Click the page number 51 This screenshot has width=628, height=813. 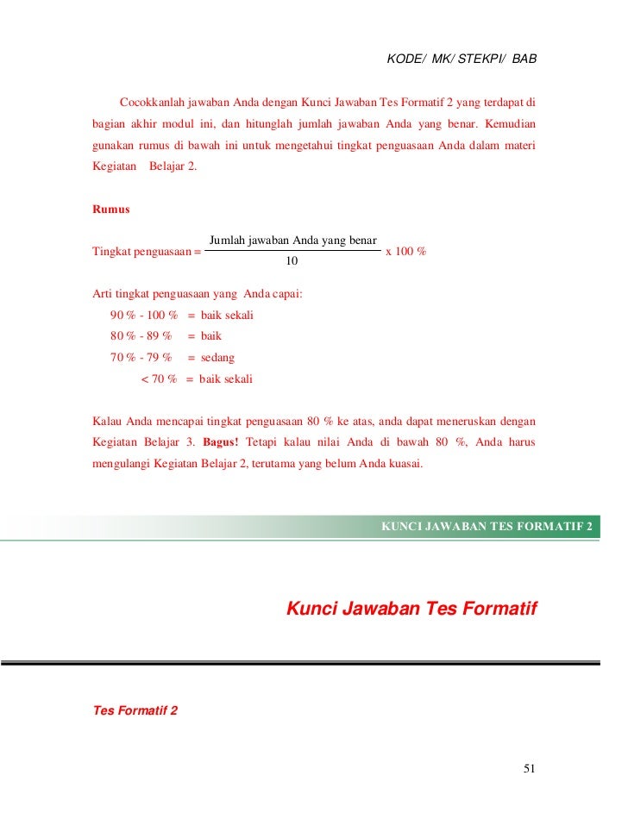pos(530,769)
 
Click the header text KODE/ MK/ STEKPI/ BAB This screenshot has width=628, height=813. pos(462,60)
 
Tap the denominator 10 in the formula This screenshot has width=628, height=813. pos(292,261)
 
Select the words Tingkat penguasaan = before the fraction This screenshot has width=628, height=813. pos(146,251)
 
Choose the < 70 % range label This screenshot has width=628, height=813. pos(159,378)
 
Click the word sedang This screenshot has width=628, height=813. pos(217,357)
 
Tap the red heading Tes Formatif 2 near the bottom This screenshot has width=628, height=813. pos(135,711)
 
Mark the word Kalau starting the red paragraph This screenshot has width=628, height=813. pos(107,422)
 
